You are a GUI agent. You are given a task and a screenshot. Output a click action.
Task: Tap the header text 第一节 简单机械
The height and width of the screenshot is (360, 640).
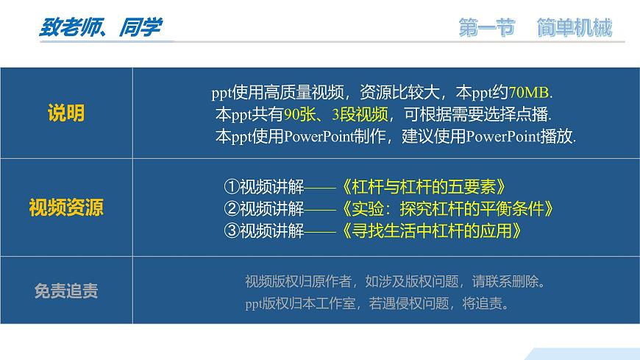pos(535,29)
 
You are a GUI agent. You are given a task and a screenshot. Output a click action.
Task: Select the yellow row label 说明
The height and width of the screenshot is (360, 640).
pos(66,113)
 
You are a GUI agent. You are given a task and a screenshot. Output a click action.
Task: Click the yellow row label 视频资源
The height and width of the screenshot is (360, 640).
pos(66,208)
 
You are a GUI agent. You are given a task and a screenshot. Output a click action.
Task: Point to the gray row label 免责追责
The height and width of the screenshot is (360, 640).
pos(66,291)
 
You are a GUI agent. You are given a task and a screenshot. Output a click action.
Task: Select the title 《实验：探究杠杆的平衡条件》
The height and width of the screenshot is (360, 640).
pos(448,208)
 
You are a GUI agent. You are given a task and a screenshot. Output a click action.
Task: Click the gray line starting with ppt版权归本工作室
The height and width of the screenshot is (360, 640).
pos(376,303)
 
